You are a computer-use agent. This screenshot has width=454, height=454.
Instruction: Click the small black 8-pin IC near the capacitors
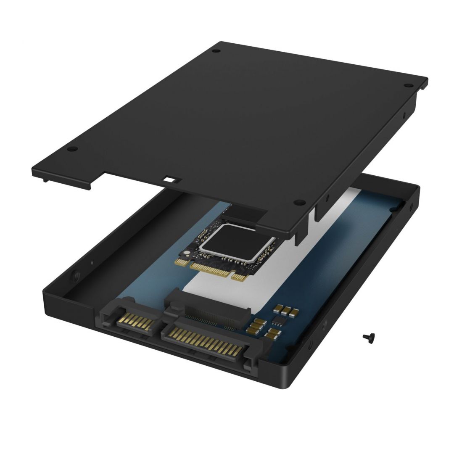pos(278,322)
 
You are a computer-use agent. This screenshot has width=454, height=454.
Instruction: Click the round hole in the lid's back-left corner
pos(216,51)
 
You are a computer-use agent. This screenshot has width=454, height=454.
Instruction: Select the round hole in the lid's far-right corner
pos(406,85)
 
